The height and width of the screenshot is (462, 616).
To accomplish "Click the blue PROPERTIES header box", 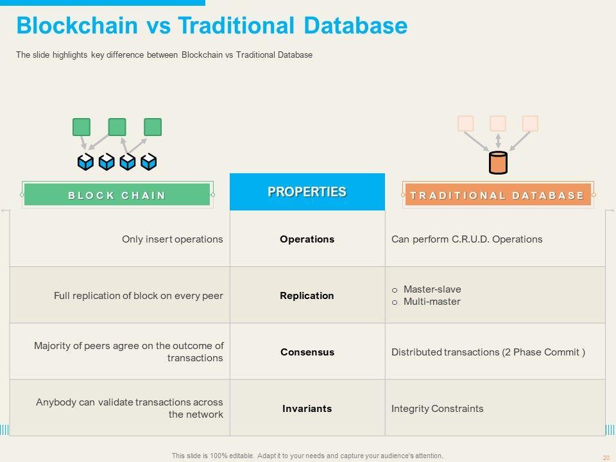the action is coord(307,192).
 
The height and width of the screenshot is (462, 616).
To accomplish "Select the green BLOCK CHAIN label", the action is coord(117,195).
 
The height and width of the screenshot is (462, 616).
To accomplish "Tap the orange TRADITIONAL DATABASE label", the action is coord(497,195).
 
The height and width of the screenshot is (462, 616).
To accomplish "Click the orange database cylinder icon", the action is coord(498,163).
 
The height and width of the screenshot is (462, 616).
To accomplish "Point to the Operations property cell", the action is coord(307,239).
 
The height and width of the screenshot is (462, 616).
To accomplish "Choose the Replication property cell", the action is coord(307,296).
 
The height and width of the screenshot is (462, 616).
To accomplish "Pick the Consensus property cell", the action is coord(307,352).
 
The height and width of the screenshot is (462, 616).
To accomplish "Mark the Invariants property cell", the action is coord(307,409).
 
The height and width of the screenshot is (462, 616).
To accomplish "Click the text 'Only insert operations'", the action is coord(173,239).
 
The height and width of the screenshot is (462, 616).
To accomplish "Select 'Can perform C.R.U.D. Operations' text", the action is coord(466,239).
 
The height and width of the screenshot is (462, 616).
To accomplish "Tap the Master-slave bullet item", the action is coord(432,289).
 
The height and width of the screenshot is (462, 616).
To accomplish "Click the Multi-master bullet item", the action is coord(432,302).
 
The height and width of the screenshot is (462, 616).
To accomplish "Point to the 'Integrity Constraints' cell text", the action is coord(437,409).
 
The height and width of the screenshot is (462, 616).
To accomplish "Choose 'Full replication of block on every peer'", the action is coord(139,296).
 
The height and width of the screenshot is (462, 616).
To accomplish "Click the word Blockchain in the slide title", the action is coord(77,26).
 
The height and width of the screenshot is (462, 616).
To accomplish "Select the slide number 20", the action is coord(606,458).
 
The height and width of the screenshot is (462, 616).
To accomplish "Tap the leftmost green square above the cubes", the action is coord(81,127).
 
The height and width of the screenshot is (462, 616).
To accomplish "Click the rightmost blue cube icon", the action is coord(149,162).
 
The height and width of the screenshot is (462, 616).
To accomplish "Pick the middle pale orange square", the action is coord(498,123).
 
